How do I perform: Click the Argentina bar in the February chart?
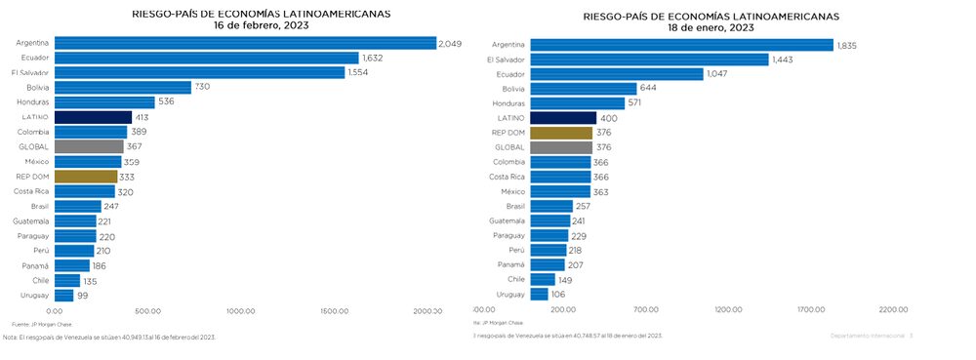coord(245,43)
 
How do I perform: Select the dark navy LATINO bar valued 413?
coord(93,117)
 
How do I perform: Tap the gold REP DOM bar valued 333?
coord(86,177)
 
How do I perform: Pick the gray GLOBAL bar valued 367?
coord(89,146)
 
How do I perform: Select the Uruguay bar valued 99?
coord(63,295)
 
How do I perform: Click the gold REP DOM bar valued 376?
coord(561,133)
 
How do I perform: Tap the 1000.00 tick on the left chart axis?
coord(241,312)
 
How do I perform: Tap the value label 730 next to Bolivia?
coord(202,87)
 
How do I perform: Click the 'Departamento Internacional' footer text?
coord(868,335)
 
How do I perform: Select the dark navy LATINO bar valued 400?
coord(563,118)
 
